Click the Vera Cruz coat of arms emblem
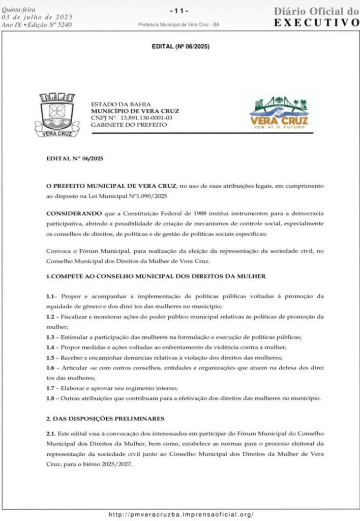pyautogui.click(x=56, y=115)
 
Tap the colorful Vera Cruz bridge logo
pyautogui.click(x=279, y=113)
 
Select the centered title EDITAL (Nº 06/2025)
pyautogui.click(x=181, y=47)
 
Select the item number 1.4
pyautogui.click(x=50, y=347)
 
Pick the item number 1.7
pyautogui.click(x=50, y=388)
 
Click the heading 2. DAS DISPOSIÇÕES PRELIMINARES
pyautogui.click(x=105, y=419)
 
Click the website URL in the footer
pyautogui.click(x=181, y=514)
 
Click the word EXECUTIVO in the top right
pyautogui.click(x=316, y=22)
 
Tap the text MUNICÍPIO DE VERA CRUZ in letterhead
pyautogui.click(x=135, y=111)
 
